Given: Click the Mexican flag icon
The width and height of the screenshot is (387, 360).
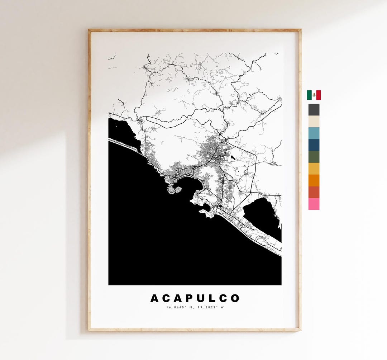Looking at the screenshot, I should (314, 95).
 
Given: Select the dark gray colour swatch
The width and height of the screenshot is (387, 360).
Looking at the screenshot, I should (314, 110).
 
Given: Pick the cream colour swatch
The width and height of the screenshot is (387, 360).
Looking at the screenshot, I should (314, 122).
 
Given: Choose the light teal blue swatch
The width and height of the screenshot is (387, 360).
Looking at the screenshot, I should (314, 133).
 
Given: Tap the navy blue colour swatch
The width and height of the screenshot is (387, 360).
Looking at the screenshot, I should (314, 145).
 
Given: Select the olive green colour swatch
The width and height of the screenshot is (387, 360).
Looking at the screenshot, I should (314, 157).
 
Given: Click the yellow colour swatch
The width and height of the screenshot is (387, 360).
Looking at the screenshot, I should (314, 169).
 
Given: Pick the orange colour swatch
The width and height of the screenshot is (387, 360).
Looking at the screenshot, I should (314, 180).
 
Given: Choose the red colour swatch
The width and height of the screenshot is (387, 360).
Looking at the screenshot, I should (314, 192).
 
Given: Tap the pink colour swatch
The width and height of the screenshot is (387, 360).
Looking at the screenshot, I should (314, 204).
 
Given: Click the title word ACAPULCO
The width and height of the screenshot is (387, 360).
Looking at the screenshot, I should (195, 298).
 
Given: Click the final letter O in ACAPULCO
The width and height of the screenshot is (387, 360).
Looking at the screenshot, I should (235, 298).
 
